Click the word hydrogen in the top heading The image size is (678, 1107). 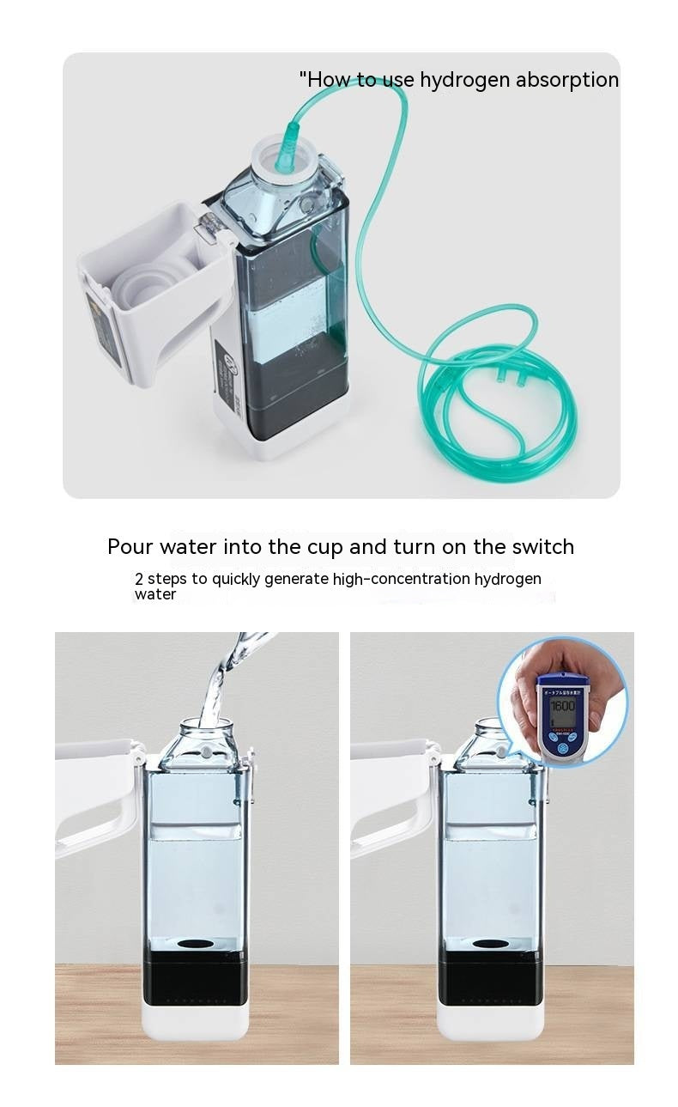pos(461,81)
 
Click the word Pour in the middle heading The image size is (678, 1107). pos(127,547)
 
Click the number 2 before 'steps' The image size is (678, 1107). pos(139,579)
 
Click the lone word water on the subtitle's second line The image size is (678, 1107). pos(155,594)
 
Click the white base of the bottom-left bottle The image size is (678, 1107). pos(196,1021)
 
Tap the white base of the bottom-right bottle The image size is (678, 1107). pos(490,1021)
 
